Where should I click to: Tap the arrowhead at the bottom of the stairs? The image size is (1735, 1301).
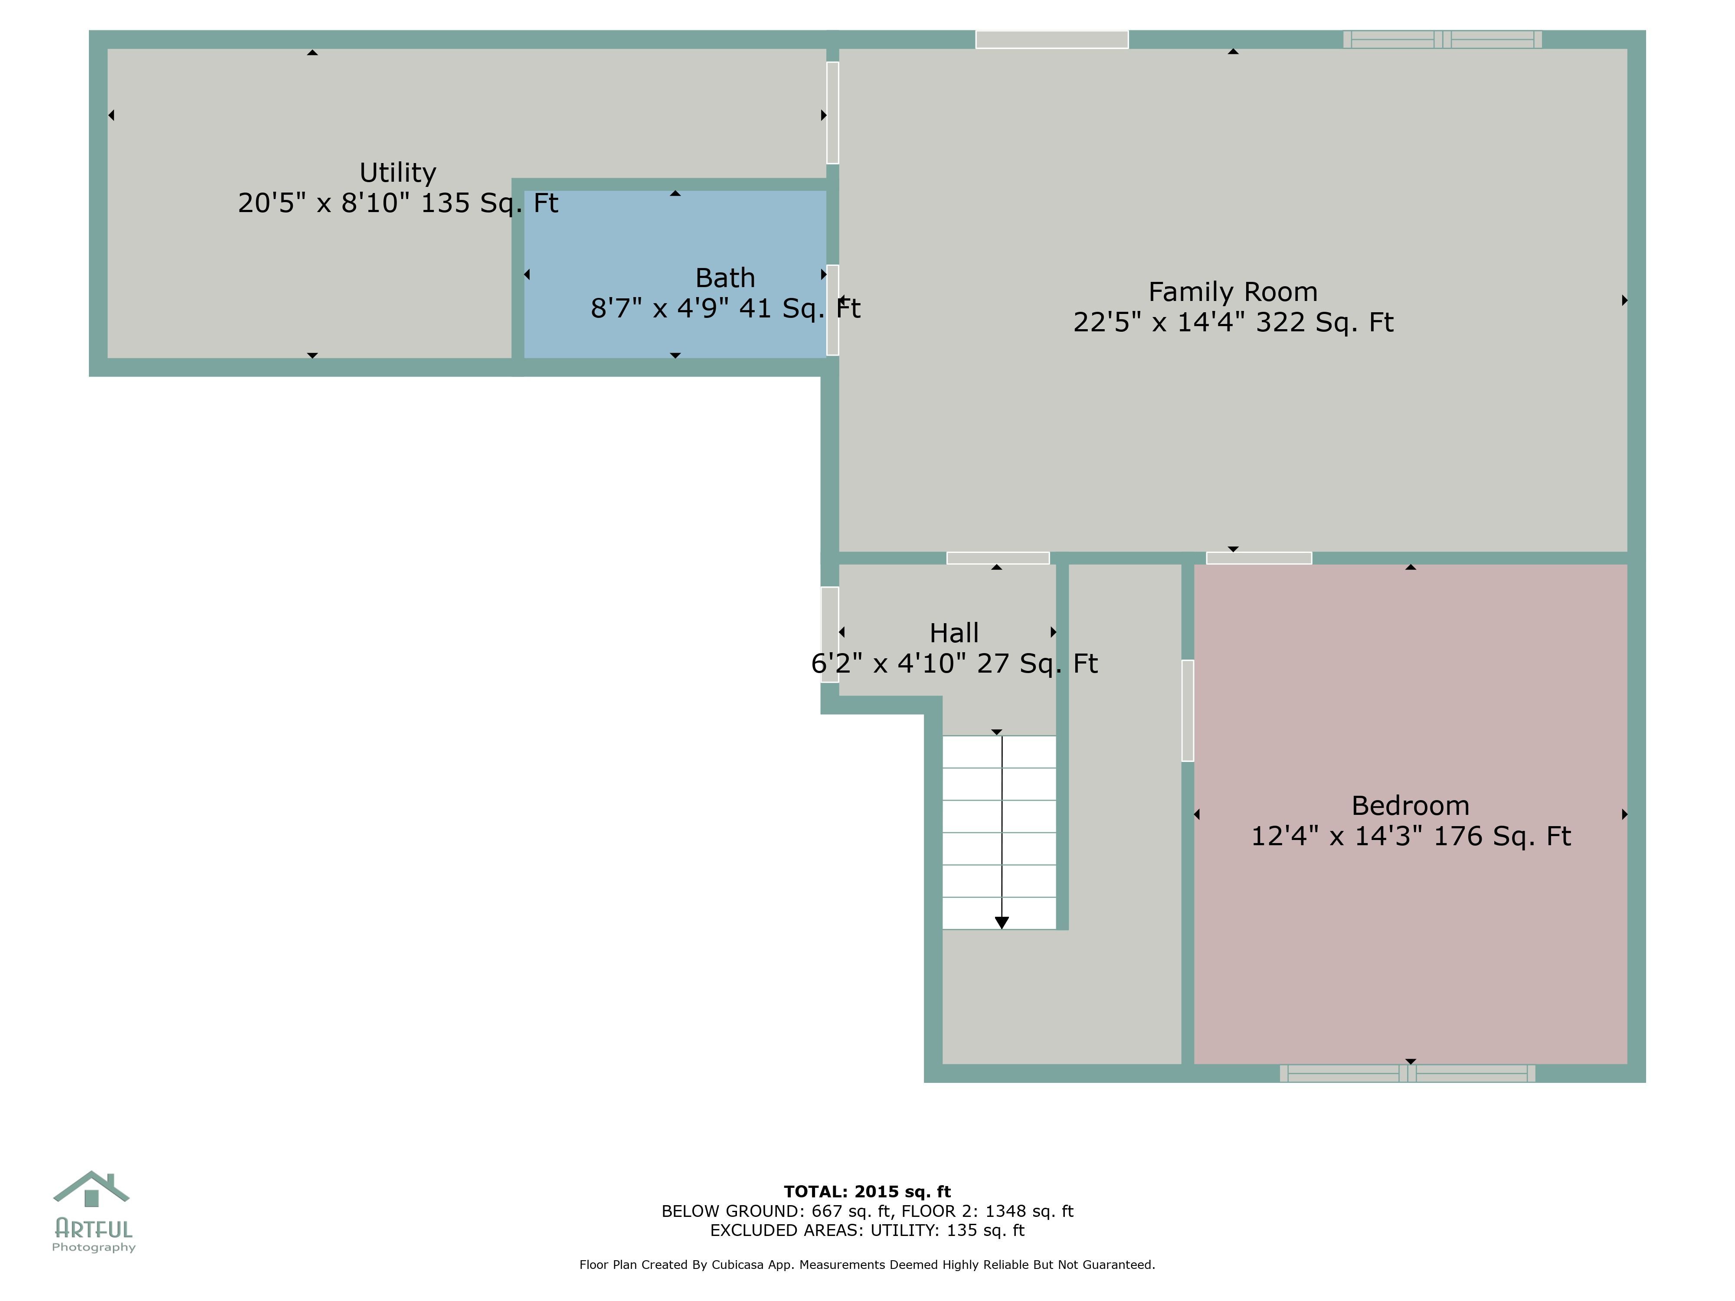pyautogui.click(x=1002, y=922)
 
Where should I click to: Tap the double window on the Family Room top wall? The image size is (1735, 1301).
pyautogui.click(x=1442, y=39)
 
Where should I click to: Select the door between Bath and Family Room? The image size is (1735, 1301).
pyautogui.click(x=832, y=310)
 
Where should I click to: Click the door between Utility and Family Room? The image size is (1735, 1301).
pyautogui.click(x=832, y=113)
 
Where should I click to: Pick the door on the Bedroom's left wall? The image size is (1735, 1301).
pyautogui.click(x=1188, y=710)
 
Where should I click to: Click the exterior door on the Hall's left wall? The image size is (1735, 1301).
pyautogui.click(x=829, y=634)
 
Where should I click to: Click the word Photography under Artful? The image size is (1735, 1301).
pyautogui.click(x=93, y=1248)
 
